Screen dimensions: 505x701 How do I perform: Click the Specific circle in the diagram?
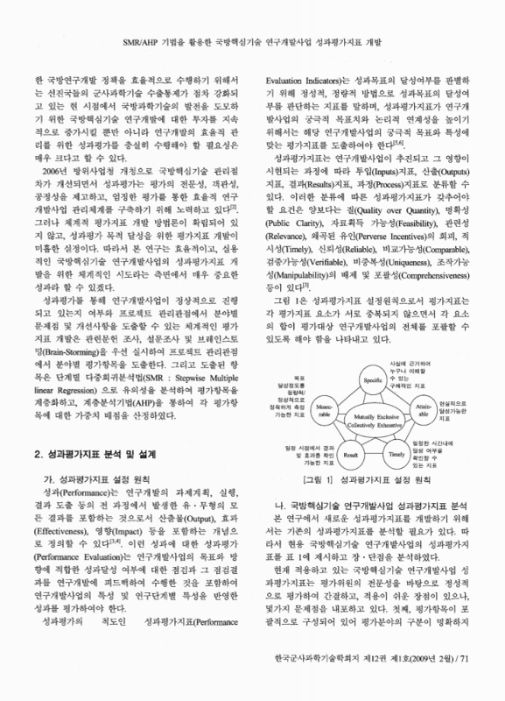point(367,357)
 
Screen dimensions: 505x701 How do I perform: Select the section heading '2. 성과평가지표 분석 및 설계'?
point(98,454)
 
